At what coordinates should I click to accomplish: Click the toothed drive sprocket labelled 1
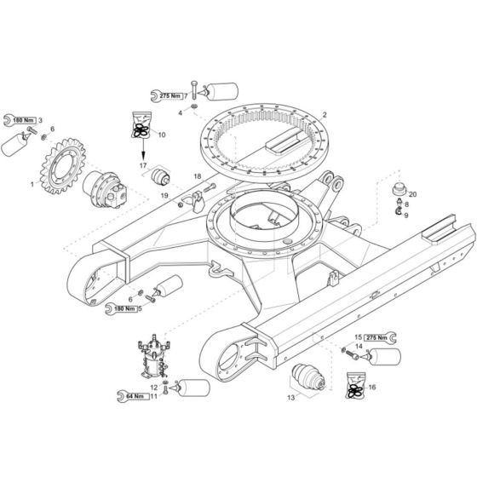(62, 167)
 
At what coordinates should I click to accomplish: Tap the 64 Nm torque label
(134, 396)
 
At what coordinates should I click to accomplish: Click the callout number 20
(413, 194)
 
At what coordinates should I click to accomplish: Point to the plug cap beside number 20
(399, 189)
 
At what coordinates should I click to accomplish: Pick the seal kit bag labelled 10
(141, 124)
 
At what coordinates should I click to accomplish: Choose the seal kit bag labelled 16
(356, 385)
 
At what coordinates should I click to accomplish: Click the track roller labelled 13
(308, 377)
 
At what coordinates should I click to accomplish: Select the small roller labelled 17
(160, 178)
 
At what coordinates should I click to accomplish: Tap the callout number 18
(198, 176)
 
